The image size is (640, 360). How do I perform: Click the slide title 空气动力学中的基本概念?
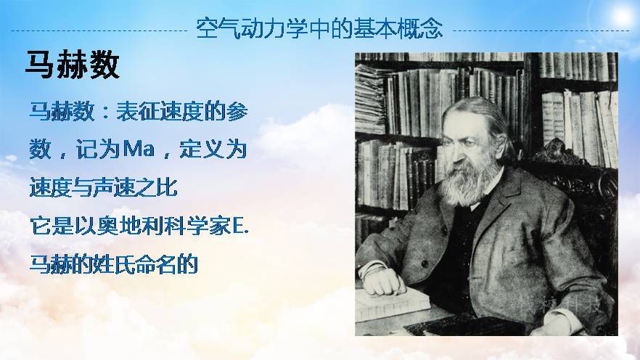319,28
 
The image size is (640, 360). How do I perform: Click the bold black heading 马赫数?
73,65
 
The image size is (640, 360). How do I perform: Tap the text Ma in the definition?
139,149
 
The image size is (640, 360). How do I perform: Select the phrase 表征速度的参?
182,111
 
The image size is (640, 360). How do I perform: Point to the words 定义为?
213,149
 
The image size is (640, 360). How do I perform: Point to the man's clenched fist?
383,281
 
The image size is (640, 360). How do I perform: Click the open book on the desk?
392,304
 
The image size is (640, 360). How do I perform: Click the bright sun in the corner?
622,16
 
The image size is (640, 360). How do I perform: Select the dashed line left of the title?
99,30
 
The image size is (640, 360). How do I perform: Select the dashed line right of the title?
541,30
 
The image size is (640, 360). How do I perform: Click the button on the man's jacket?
425,263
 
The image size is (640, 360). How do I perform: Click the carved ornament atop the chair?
556,151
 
